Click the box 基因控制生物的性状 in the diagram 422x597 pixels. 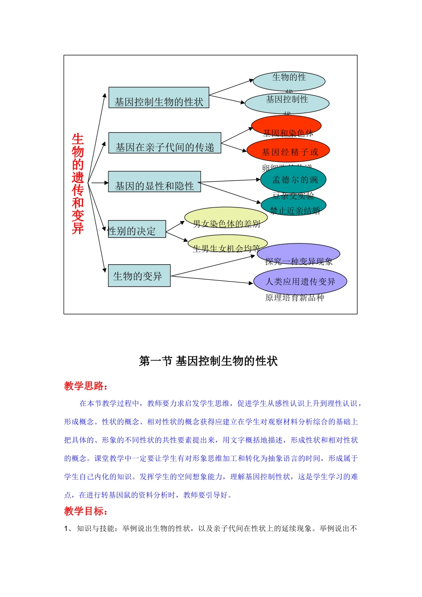click(x=159, y=98)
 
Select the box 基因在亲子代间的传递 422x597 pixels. click(x=165, y=143)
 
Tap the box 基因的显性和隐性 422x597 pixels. click(x=155, y=182)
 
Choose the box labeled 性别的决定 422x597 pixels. click(x=137, y=229)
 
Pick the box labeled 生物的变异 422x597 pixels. click(x=139, y=275)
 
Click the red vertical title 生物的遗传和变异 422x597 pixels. click(x=78, y=183)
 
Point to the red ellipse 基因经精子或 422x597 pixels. click(x=288, y=151)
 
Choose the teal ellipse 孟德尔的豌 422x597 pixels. click(x=293, y=179)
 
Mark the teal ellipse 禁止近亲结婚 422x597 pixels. click(x=294, y=206)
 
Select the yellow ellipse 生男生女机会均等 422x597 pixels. click(x=227, y=244)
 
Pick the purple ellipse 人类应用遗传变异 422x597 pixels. click(x=300, y=281)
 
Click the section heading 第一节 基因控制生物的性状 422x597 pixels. click(x=208, y=361)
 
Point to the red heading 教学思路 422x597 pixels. click(x=86, y=386)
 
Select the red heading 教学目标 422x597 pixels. click(x=86, y=511)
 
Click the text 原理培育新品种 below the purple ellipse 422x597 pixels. click(x=295, y=298)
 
